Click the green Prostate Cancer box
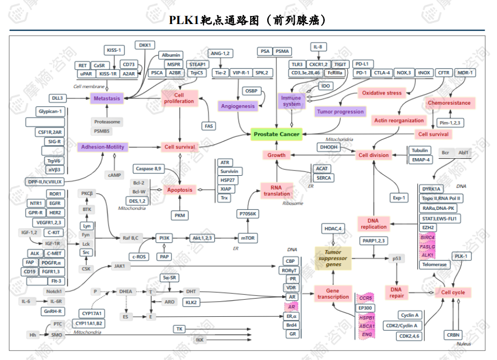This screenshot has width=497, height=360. [276, 135]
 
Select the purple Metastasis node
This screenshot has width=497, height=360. [106, 98]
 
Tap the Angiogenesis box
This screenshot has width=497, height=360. [238, 106]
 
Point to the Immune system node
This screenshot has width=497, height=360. [291, 100]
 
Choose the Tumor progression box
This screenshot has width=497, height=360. [340, 112]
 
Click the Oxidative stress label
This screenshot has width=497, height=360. [382, 93]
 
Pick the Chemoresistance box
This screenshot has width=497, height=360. [449, 103]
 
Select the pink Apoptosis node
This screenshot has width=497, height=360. [180, 190]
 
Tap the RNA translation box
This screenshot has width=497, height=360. [276, 191]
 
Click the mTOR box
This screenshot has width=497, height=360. [247, 238]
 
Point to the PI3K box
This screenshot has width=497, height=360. [165, 238]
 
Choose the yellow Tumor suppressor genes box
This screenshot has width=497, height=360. [333, 258]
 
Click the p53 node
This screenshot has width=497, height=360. [396, 259]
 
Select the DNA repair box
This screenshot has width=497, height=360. [397, 292]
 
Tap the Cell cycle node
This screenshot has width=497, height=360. [453, 292]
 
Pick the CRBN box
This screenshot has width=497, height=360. [453, 335]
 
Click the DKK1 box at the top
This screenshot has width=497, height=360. [144, 45]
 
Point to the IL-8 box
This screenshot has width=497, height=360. [317, 47]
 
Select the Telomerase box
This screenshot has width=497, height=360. [434, 264]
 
